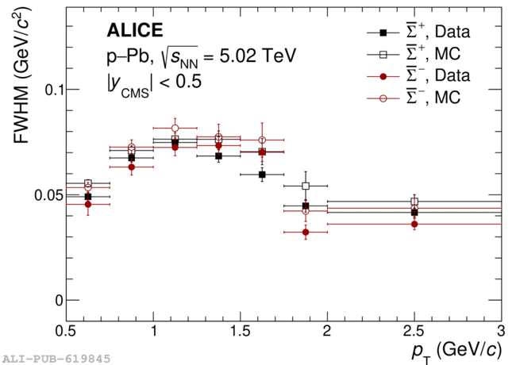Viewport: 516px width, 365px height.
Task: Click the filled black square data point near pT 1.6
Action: pyautogui.click(x=262, y=174)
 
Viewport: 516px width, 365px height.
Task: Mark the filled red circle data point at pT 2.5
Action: pyautogui.click(x=414, y=224)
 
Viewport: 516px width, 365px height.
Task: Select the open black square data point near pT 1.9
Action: pyautogui.click(x=306, y=186)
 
